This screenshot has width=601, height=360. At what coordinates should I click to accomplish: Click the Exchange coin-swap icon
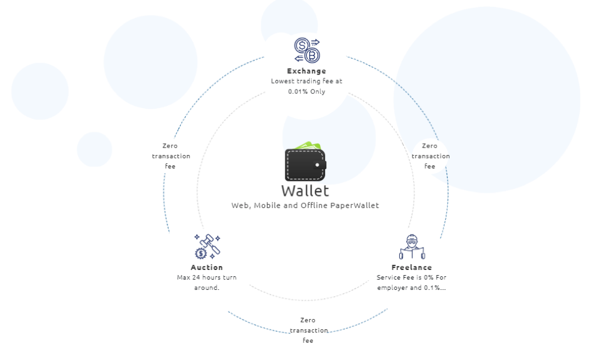pyautogui.click(x=307, y=50)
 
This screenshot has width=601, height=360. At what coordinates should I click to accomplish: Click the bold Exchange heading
pyautogui.click(x=307, y=71)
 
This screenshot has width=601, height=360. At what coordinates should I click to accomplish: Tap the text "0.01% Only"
pyautogui.click(x=307, y=91)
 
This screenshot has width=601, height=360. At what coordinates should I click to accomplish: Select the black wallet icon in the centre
pyautogui.click(x=305, y=164)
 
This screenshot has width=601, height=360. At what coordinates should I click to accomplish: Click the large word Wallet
pyautogui.click(x=305, y=190)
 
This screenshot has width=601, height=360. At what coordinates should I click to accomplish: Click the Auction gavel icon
pyautogui.click(x=207, y=246)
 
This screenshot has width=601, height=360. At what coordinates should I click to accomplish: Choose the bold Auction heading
pyautogui.click(x=207, y=267)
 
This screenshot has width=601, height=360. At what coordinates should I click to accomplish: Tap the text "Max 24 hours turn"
pyautogui.click(x=206, y=278)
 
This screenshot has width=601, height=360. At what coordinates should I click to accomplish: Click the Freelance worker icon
pyautogui.click(x=411, y=247)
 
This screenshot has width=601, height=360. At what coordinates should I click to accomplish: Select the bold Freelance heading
pyautogui.click(x=411, y=267)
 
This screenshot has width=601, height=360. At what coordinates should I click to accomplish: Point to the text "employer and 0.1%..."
pyautogui.click(x=411, y=288)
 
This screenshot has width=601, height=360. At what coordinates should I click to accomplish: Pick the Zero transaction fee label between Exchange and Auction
pyautogui.click(x=171, y=156)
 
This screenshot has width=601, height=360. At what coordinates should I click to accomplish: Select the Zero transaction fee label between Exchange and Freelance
pyautogui.click(x=430, y=156)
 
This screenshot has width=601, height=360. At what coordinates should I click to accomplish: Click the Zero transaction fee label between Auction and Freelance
pyautogui.click(x=308, y=330)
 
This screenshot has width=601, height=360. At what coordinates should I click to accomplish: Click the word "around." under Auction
pyautogui.click(x=206, y=288)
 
